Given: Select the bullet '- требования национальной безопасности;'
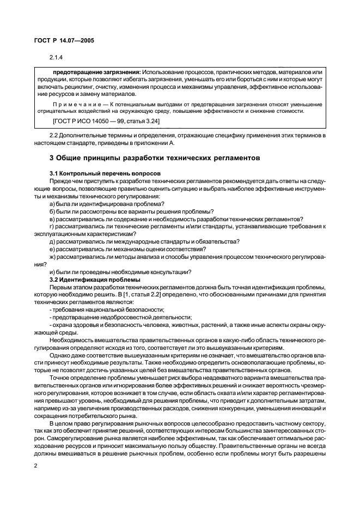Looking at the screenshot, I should tap(106, 309).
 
